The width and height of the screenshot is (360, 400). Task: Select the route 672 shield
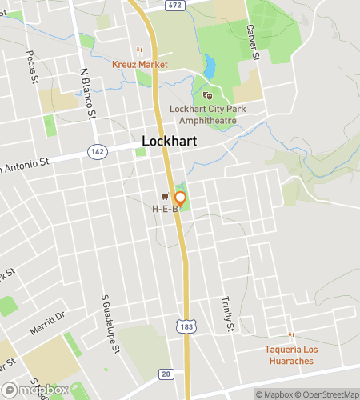pos(175,6)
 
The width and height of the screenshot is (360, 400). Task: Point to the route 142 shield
pos(97,150)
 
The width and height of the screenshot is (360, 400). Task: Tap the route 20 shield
pos(166,374)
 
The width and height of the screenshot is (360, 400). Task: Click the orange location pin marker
pos(181,198)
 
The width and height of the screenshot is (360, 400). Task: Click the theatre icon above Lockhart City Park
pos(208,95)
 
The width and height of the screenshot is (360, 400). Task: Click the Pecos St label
pos(34,69)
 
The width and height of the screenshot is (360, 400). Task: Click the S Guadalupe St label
pos(110,324)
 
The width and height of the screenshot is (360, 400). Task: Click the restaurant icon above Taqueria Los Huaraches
pos(292,337)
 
